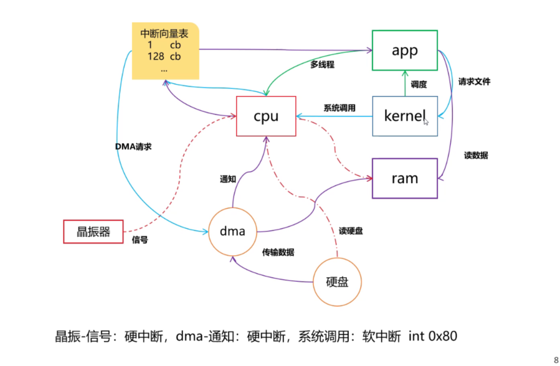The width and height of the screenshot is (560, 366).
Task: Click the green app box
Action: [404, 50]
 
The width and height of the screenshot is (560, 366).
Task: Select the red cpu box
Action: [266, 116]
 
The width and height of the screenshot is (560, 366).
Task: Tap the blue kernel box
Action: [404, 116]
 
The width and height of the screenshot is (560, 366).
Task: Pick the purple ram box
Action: [404, 179]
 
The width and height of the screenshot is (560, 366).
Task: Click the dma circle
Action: [232, 232]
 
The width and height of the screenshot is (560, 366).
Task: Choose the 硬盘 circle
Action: [337, 281]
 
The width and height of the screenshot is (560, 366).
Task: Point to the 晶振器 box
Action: [93, 232]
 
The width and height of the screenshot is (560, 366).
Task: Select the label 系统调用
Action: [339, 108]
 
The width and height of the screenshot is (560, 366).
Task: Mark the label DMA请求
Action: [133, 147]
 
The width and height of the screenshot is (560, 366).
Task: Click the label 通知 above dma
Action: [228, 179]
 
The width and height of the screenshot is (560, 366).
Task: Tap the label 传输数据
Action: [278, 252]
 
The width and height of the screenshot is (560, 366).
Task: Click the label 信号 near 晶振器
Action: [140, 240]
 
